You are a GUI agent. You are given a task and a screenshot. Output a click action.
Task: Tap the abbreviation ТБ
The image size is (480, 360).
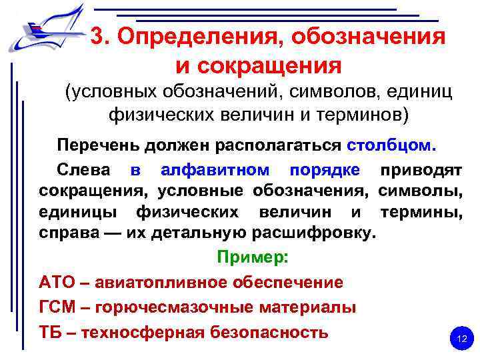coord(53,332)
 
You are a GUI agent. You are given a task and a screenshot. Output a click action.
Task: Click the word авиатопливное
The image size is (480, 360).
coord(163,282)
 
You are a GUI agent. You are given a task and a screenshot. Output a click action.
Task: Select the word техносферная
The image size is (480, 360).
coord(149,332)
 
